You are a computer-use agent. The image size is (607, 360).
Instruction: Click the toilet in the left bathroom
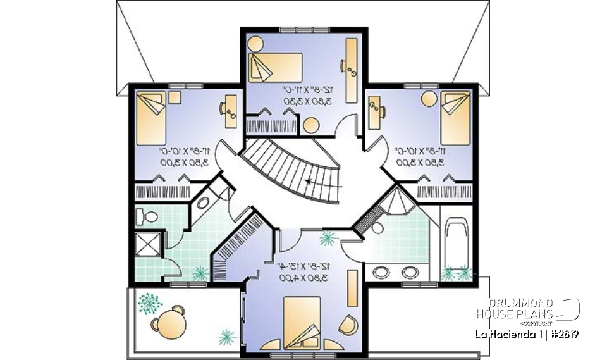[149, 217]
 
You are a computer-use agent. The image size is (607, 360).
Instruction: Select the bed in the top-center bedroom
[274, 66]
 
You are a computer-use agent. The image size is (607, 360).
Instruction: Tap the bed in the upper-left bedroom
[152, 118]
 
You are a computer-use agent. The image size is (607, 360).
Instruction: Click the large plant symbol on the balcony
[149, 303]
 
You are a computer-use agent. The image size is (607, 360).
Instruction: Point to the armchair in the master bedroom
[348, 325]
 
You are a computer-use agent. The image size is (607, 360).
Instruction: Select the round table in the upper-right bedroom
[429, 99]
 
